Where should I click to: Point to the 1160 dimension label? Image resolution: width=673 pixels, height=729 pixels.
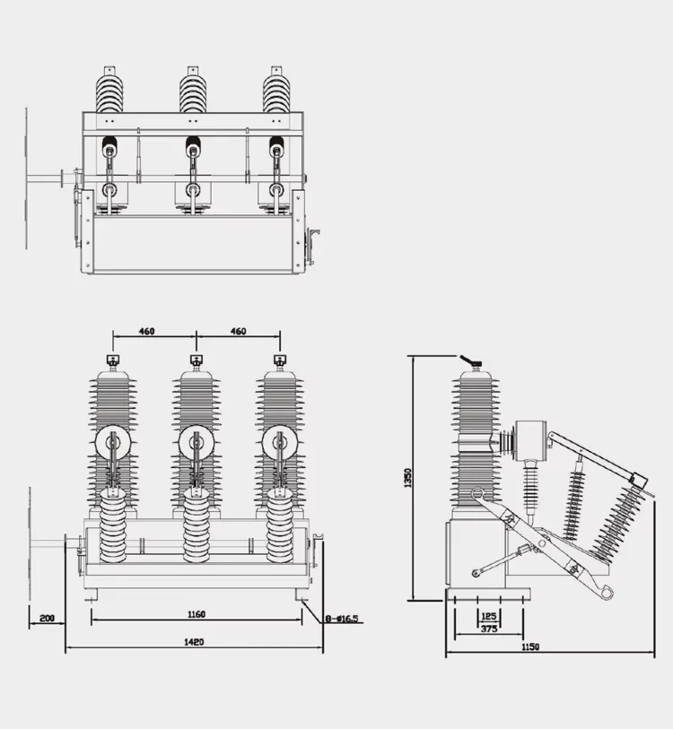197,614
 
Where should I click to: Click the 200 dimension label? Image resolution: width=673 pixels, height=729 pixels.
47,618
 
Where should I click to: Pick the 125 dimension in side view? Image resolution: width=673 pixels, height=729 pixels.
489,615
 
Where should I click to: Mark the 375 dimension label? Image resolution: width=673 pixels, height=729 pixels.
489,629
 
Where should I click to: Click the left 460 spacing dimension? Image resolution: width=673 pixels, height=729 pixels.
147,332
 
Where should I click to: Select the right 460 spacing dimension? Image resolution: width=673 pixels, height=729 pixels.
238,332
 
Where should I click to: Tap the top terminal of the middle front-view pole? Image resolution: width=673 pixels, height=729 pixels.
196,361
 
